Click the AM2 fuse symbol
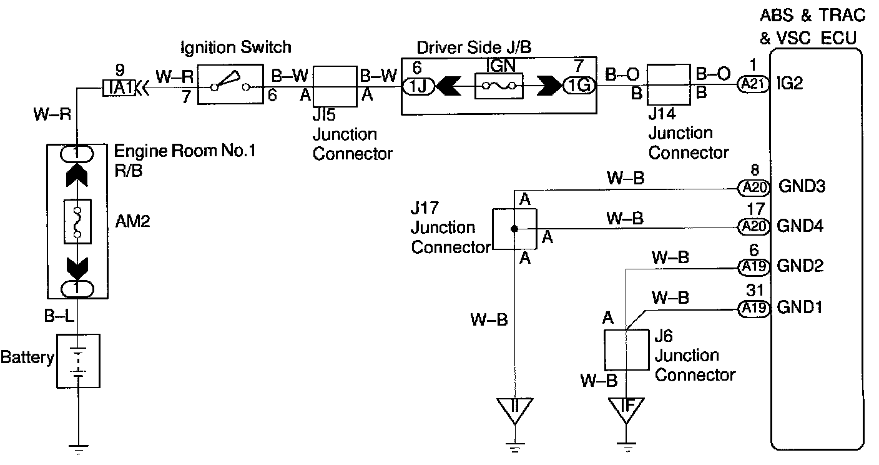click(78, 222)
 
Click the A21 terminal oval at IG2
click(753, 84)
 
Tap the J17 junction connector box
click(513, 229)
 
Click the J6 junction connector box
click(626, 350)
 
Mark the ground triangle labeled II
click(514, 409)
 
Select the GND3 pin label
click(800, 186)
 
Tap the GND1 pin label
click(800, 308)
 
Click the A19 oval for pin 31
click(753, 308)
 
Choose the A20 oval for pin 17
click(753, 226)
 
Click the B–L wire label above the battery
click(59, 317)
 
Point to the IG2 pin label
click(790, 84)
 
